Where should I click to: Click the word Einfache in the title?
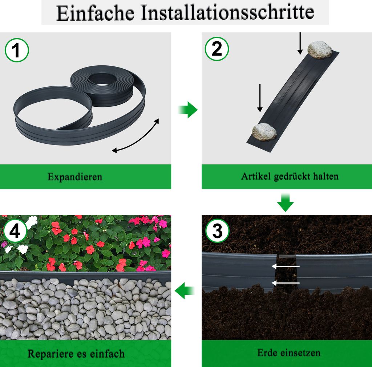coord(96,13)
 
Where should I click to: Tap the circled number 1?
coord(17,50)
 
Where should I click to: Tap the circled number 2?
coord(217,49)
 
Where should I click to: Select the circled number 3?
coord(217,231)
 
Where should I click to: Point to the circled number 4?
coord(15,231)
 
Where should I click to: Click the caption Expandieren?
coord(75,177)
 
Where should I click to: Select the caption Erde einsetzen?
coord(289,353)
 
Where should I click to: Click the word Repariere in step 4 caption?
coord(50,354)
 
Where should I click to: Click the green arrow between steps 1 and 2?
coord(188,110)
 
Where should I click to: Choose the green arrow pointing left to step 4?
coord(185,290)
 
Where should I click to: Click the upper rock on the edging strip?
coord(320,50)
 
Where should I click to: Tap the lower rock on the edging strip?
coord(264,132)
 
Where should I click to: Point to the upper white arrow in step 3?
coord(286,266)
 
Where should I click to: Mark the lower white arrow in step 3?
coord(286,283)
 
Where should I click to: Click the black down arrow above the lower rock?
coord(260,98)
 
